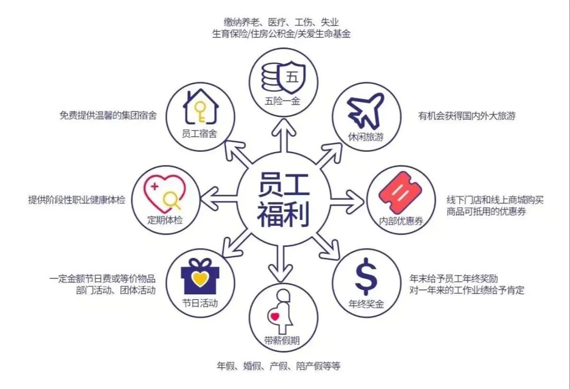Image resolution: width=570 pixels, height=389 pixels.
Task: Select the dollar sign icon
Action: [x=366, y=279]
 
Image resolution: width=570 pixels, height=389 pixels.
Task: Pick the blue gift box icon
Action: [x=199, y=275]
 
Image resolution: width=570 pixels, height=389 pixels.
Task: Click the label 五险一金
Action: [x=283, y=101]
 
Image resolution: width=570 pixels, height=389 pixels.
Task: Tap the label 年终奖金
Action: [x=366, y=304]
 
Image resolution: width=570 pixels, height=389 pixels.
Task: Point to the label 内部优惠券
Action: [x=397, y=220]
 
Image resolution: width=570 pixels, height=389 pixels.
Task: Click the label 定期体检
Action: [x=165, y=219]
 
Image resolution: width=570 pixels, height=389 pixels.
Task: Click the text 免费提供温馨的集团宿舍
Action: [x=108, y=115]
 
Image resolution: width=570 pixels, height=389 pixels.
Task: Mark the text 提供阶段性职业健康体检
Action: [x=77, y=200]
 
